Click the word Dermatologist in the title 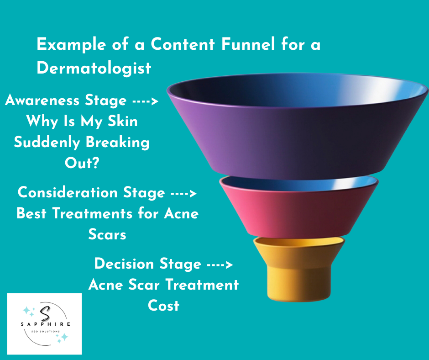point(94,68)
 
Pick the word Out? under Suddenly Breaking point(82,163)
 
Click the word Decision point(124,264)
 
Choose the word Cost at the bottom point(163,305)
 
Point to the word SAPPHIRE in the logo point(45,324)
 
